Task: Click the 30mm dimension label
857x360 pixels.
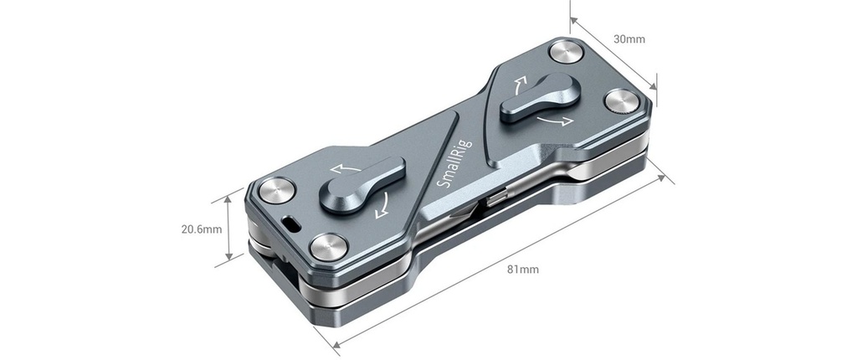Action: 629,39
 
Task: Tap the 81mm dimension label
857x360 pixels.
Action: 523,270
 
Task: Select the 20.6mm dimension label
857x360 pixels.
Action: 202,229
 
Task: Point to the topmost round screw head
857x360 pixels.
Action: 566,53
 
